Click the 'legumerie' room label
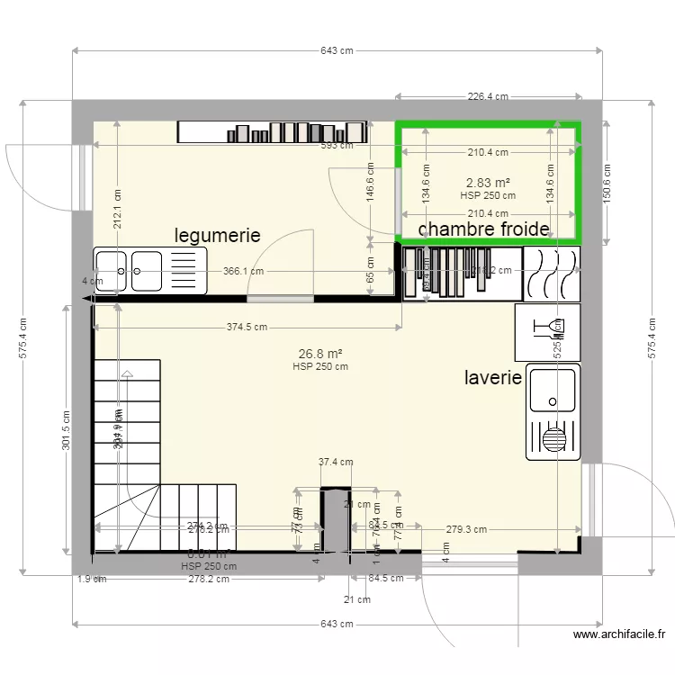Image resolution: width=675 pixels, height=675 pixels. (x=217, y=236)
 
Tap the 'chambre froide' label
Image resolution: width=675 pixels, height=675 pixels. (x=483, y=229)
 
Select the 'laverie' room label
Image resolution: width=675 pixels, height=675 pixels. (x=493, y=377)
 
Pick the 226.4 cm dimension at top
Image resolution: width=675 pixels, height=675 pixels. (x=488, y=97)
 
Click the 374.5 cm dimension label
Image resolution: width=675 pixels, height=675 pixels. (x=247, y=328)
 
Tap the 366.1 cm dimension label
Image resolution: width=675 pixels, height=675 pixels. (x=244, y=271)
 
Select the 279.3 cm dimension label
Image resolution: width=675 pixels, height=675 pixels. (x=466, y=529)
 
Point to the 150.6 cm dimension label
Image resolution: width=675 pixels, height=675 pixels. (x=607, y=183)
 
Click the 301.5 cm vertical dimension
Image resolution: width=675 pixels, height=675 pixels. (x=65, y=429)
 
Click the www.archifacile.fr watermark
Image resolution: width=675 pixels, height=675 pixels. (x=620, y=634)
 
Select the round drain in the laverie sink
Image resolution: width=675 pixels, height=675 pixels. (x=555, y=439)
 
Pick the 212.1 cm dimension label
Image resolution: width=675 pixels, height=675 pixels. (x=117, y=208)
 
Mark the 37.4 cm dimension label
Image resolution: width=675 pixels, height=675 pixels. (x=336, y=463)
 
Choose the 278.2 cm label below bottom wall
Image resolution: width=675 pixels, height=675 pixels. (x=208, y=579)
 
